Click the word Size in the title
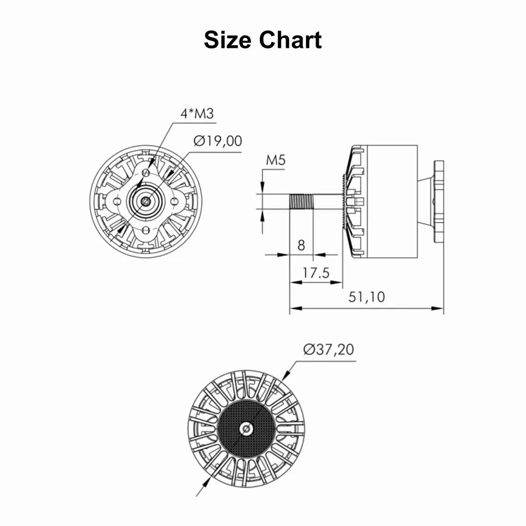[227, 39]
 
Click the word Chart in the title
[290, 39]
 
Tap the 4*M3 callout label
[197, 114]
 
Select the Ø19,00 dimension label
[218, 141]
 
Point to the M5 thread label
[276, 160]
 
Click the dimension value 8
[301, 246]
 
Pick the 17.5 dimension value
[316, 272]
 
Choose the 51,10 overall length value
[367, 297]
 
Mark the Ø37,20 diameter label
[328, 349]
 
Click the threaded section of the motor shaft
[301, 201]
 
